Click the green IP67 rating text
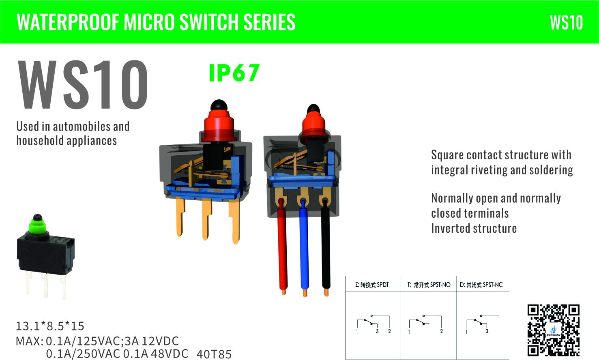234,73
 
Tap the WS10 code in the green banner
567,22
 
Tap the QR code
554,330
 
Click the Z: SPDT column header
372,285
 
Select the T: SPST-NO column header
429,285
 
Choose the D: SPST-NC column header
481,285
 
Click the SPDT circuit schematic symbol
373,324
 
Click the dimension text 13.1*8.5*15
50,326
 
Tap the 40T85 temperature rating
214,354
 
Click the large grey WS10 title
83,85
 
